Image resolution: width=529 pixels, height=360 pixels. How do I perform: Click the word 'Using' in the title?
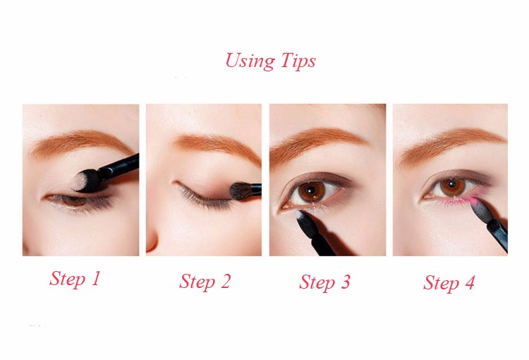click(x=250, y=61)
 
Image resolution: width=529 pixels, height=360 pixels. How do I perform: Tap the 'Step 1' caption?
click(x=75, y=279)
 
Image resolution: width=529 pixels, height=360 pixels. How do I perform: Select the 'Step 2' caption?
click(x=205, y=282)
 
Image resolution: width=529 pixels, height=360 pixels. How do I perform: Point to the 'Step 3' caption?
click(x=324, y=282)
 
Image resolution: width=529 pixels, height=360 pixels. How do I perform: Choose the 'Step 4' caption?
click(x=449, y=282)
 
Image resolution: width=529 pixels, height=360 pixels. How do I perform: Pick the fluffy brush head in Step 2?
click(x=241, y=191)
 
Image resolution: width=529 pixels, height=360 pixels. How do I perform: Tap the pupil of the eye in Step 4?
click(x=452, y=185)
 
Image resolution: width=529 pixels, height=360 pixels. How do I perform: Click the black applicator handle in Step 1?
click(x=120, y=164)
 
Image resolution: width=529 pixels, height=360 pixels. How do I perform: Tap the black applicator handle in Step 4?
click(x=497, y=234)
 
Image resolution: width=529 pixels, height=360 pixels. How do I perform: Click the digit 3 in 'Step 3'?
click(x=345, y=282)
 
